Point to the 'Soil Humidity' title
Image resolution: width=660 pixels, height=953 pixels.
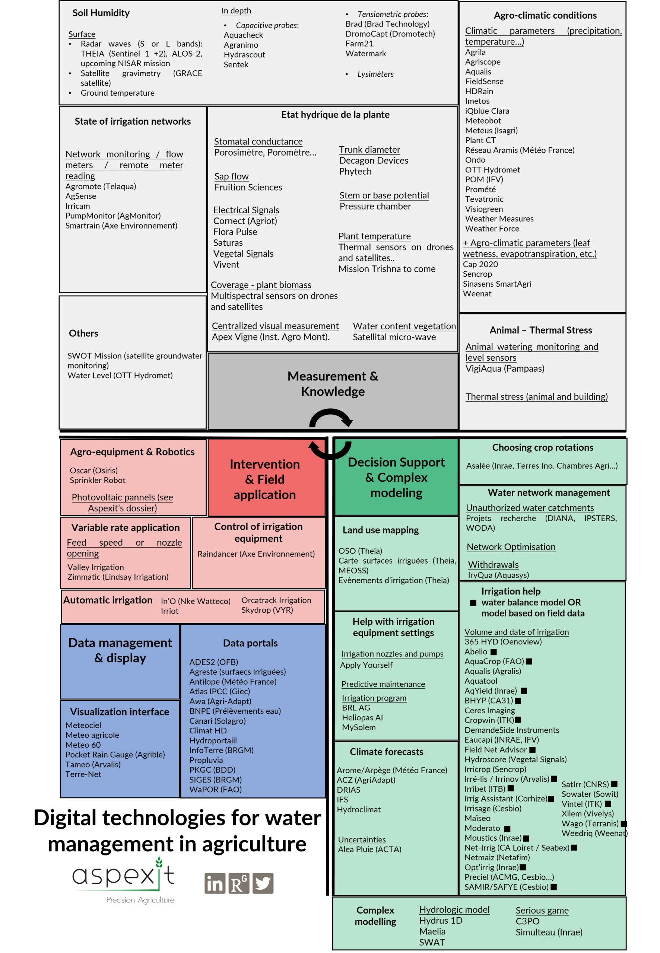(x=101, y=13)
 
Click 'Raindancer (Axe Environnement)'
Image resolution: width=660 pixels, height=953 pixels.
(x=256, y=554)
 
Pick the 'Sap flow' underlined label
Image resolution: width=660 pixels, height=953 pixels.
(x=232, y=176)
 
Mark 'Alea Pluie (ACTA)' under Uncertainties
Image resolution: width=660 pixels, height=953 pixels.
(x=369, y=849)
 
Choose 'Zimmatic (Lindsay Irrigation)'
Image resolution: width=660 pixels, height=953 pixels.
(x=118, y=577)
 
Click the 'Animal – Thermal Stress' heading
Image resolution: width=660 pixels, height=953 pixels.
(x=540, y=330)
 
